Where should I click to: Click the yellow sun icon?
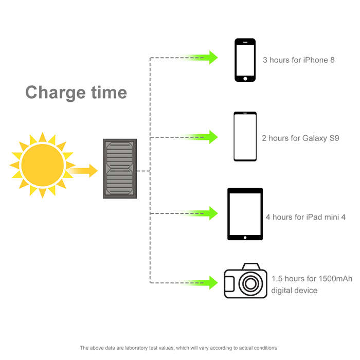tap(43, 165)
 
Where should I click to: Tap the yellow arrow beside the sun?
tap(83, 171)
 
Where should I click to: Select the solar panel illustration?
tap(120, 169)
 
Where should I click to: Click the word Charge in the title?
tap(56, 93)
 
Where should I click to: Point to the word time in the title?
tap(109, 92)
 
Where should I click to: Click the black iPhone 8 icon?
tap(245, 60)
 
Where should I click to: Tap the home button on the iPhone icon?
tap(245, 79)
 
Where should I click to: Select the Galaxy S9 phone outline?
tap(245, 136)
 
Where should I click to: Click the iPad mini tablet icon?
tap(245, 214)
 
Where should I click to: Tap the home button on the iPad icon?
tap(245, 238)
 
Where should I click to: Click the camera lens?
tap(251, 283)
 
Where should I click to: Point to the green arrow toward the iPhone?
tap(202, 58)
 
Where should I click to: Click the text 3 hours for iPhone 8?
tap(299, 60)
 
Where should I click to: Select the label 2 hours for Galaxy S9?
tap(300, 138)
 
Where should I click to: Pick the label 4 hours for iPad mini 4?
tap(305, 217)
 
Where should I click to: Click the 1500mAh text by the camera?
tap(335, 279)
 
